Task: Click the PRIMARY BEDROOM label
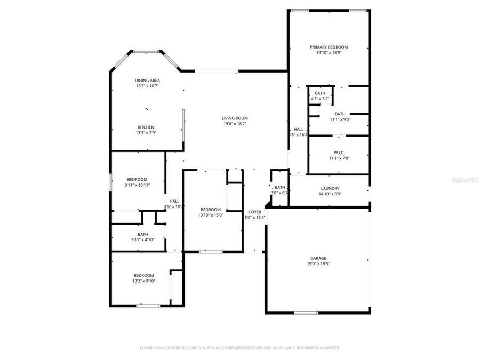click(329, 47)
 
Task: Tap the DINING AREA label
click(147, 80)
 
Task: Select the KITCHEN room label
click(146, 127)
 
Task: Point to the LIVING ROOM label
click(235, 118)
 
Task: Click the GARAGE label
click(318, 258)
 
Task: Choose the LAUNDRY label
click(330, 188)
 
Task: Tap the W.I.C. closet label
click(340, 152)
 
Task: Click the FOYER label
click(255, 212)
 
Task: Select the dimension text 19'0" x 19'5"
click(318, 263)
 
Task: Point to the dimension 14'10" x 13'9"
click(329, 52)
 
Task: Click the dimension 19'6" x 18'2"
click(235, 123)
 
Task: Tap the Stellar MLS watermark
click(465, 180)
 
